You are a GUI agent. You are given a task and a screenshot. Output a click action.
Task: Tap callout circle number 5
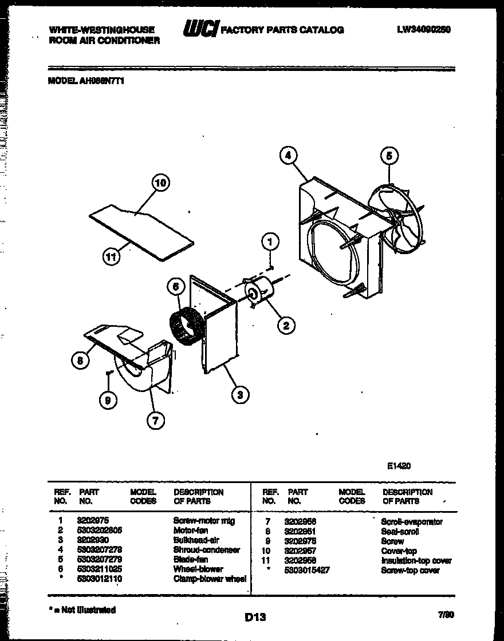point(389,156)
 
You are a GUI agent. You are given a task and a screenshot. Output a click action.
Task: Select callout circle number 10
point(161,184)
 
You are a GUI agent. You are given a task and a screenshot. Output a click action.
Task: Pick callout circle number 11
point(113,257)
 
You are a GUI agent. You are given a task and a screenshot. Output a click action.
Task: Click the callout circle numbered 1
point(270,242)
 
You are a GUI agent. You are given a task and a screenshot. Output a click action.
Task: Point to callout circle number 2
point(286,325)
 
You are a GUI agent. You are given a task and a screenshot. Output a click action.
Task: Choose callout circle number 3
point(241,393)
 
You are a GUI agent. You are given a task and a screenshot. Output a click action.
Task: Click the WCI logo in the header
point(200,29)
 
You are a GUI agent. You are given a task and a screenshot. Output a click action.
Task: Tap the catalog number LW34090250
point(423,30)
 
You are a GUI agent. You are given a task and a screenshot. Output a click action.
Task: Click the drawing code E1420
point(399,465)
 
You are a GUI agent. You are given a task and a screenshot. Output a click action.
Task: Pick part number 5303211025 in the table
point(99,569)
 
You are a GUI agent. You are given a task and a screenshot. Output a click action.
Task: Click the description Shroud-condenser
point(206,549)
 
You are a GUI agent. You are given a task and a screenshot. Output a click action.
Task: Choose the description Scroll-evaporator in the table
point(411,521)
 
